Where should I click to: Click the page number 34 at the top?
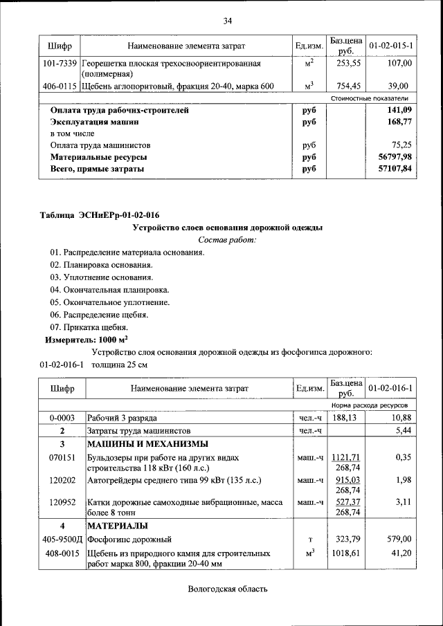click(227, 20)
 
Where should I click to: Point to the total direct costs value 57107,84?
click(395, 169)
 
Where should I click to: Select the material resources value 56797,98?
click(395, 157)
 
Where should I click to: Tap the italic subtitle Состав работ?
click(227, 240)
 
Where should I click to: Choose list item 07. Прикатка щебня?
click(89, 327)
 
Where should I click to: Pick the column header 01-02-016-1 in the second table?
click(391, 388)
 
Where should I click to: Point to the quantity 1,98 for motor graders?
click(403, 480)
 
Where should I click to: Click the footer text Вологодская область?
click(227, 589)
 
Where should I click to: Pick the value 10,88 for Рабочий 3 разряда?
click(401, 418)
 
